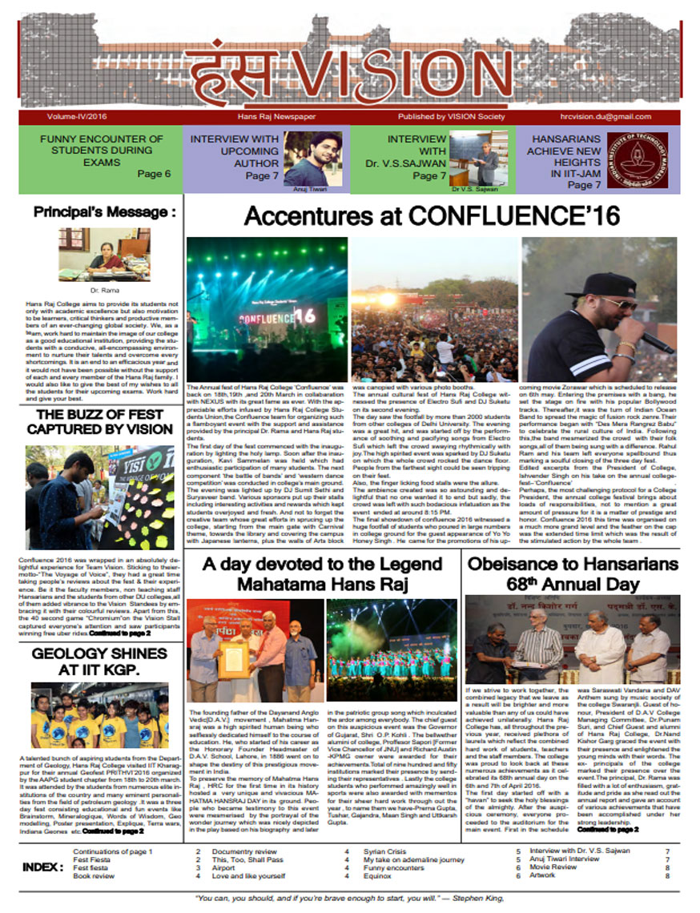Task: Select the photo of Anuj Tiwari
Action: [312, 158]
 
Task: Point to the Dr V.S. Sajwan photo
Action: [473, 157]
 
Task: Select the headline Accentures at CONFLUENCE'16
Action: [433, 217]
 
